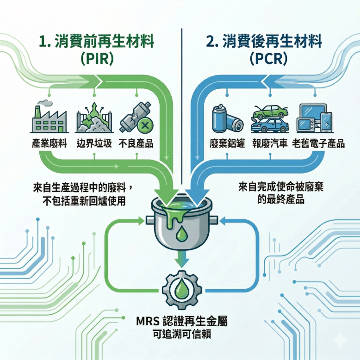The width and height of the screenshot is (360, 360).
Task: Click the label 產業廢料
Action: point(50,143)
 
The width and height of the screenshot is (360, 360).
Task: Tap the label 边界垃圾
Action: point(93,143)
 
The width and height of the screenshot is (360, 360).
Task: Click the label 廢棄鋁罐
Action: point(227,143)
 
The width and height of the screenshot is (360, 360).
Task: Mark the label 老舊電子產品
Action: point(319,143)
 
